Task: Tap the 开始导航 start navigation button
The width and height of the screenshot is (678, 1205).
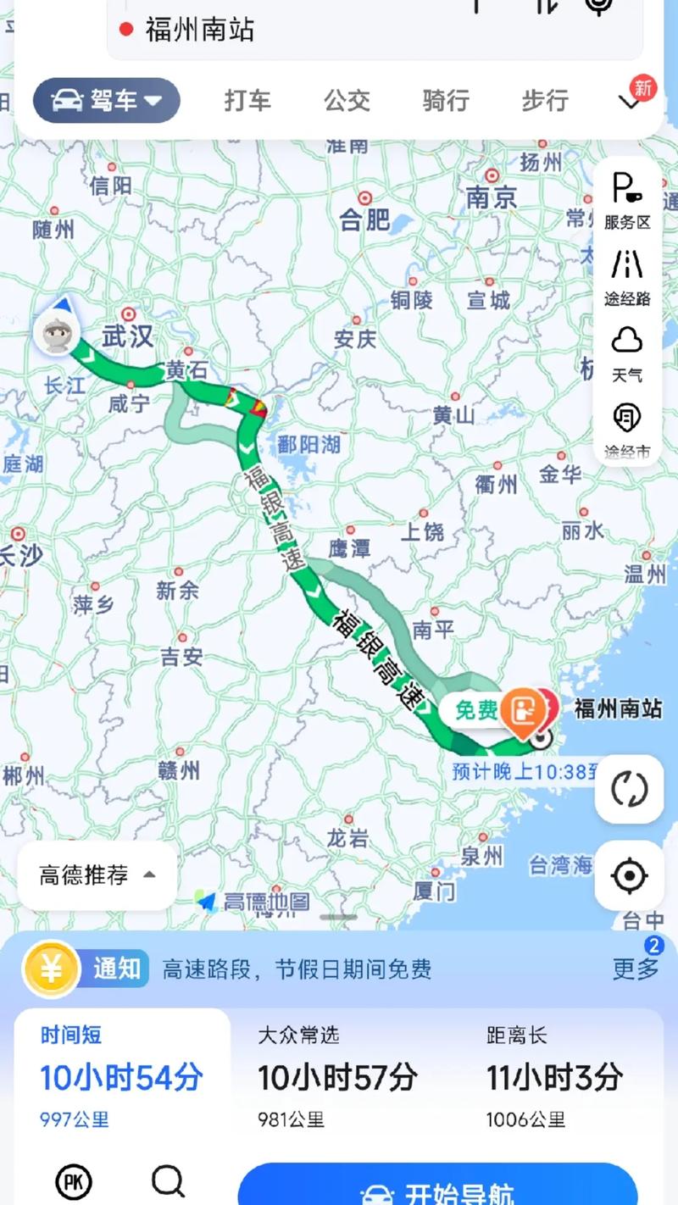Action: (x=437, y=1191)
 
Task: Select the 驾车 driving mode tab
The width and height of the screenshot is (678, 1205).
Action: (x=107, y=101)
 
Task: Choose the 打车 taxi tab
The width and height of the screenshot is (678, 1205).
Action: (x=247, y=101)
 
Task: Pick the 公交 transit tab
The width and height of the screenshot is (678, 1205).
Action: (x=347, y=101)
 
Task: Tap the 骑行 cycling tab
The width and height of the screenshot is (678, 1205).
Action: (x=446, y=101)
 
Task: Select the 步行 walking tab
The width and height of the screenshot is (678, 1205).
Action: (x=545, y=101)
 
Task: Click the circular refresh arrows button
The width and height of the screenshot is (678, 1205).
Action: (x=629, y=789)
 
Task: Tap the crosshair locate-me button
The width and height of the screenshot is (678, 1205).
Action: (x=629, y=876)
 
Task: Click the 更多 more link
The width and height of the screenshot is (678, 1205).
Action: (x=636, y=968)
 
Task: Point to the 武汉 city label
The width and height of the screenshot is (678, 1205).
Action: (x=127, y=336)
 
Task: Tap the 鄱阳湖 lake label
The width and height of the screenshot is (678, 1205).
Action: (x=308, y=445)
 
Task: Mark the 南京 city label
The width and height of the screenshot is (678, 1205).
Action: (x=492, y=198)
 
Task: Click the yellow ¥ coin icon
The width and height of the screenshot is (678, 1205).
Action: (x=51, y=968)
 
